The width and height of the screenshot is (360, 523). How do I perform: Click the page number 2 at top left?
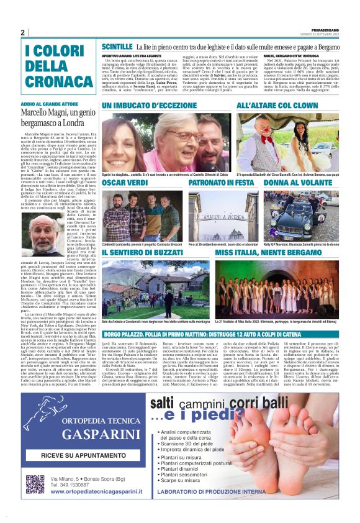tap(22, 32)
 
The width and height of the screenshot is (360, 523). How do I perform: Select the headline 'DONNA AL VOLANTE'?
tap(294, 183)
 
